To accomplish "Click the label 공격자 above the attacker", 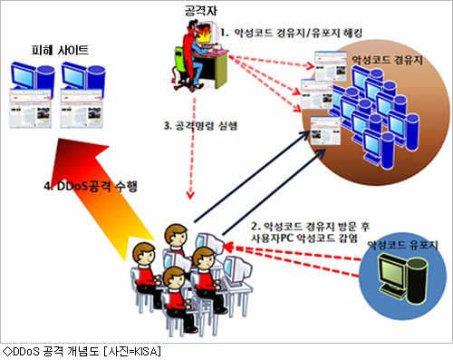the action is tap(200, 11).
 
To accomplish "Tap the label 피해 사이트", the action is tap(60, 50).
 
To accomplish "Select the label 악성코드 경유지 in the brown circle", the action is tap(387, 60).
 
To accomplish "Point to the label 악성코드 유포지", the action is tap(402, 245).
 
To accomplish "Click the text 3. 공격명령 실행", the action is tap(201, 126).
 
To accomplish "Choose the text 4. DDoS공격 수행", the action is tap(91, 186).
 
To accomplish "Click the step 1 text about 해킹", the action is tap(292, 33).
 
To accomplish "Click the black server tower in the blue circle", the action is tap(417, 280).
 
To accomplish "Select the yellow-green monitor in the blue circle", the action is tap(392, 271).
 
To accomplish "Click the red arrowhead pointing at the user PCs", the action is tap(227, 248).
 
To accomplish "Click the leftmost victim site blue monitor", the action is tap(24, 75).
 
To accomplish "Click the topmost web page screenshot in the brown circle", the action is tap(331, 66).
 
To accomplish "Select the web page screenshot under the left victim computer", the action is tap(30, 108).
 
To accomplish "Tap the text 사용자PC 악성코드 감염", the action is tap(304, 238).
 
